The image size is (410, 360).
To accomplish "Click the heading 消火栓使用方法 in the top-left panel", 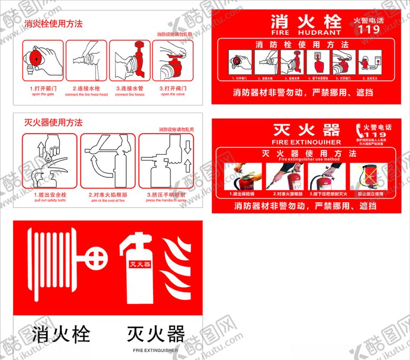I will click(53, 24).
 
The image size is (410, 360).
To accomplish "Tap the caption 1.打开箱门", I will click(40, 89).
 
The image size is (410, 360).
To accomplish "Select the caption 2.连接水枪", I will click(86, 89).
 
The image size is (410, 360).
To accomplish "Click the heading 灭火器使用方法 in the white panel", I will click(53, 122).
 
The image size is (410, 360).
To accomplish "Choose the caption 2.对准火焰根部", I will click(108, 195).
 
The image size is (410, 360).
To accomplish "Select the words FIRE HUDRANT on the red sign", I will click(306, 32).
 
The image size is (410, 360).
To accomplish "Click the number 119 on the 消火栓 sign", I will click(369, 30).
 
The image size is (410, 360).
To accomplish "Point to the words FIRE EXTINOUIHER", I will click(306, 142).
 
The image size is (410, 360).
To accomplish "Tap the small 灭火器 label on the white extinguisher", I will click(140, 263).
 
